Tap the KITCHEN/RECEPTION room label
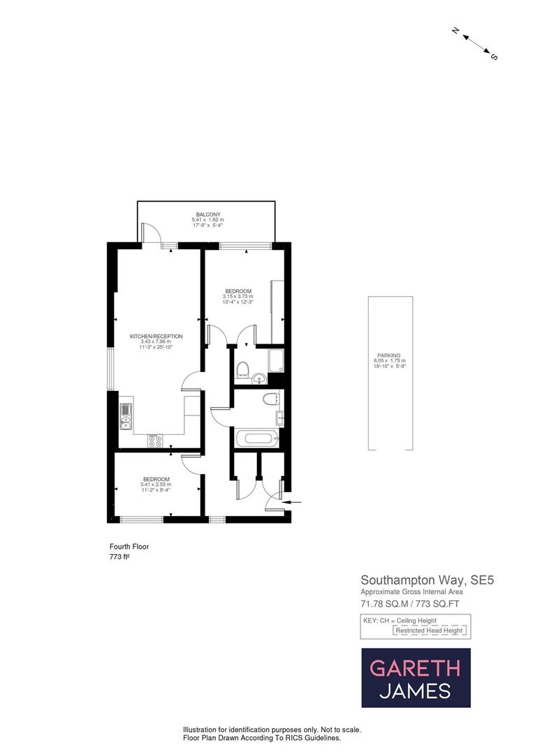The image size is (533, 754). [156, 337]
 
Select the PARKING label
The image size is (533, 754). [389, 355]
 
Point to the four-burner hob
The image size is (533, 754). [156, 441]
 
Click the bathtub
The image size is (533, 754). [258, 440]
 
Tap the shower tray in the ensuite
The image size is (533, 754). [276, 360]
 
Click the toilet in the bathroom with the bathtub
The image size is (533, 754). [270, 399]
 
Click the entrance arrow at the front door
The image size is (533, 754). [294, 501]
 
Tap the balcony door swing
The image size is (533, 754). [149, 233]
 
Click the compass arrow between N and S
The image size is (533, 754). [474, 43]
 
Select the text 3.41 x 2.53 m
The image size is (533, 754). [156, 485]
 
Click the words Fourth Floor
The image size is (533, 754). [129, 547]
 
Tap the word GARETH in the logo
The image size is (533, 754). [415, 668]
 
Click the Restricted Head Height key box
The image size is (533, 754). [430, 630]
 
